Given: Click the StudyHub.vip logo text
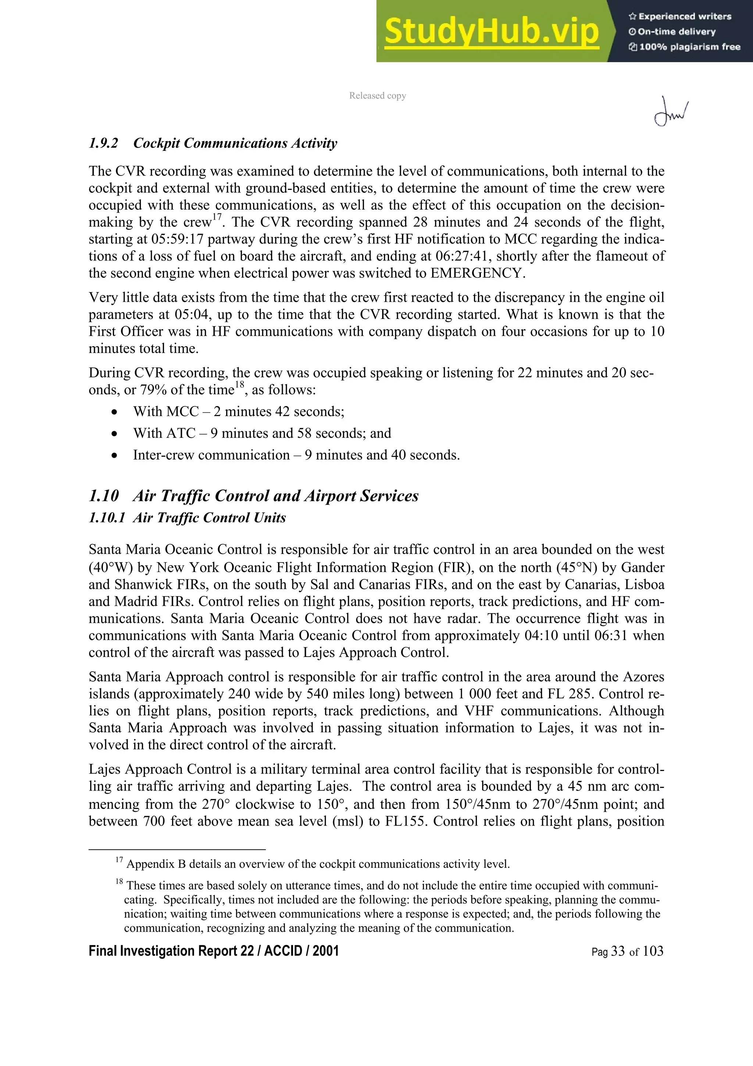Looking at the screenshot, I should pyautogui.click(x=491, y=32).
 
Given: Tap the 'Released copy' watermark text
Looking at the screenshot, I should pyautogui.click(x=377, y=96).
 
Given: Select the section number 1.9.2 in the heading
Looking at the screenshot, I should pyautogui.click(x=103, y=143).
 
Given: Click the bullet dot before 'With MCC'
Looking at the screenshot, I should pyautogui.click(x=114, y=412).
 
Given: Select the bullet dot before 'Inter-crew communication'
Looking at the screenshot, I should pyautogui.click(x=114, y=455).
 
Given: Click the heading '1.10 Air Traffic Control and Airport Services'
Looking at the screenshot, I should pyautogui.click(x=253, y=496).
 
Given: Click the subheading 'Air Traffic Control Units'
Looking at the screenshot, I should pyautogui.click(x=209, y=518).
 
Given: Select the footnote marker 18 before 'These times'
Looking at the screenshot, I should pyautogui.click(x=119, y=882).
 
